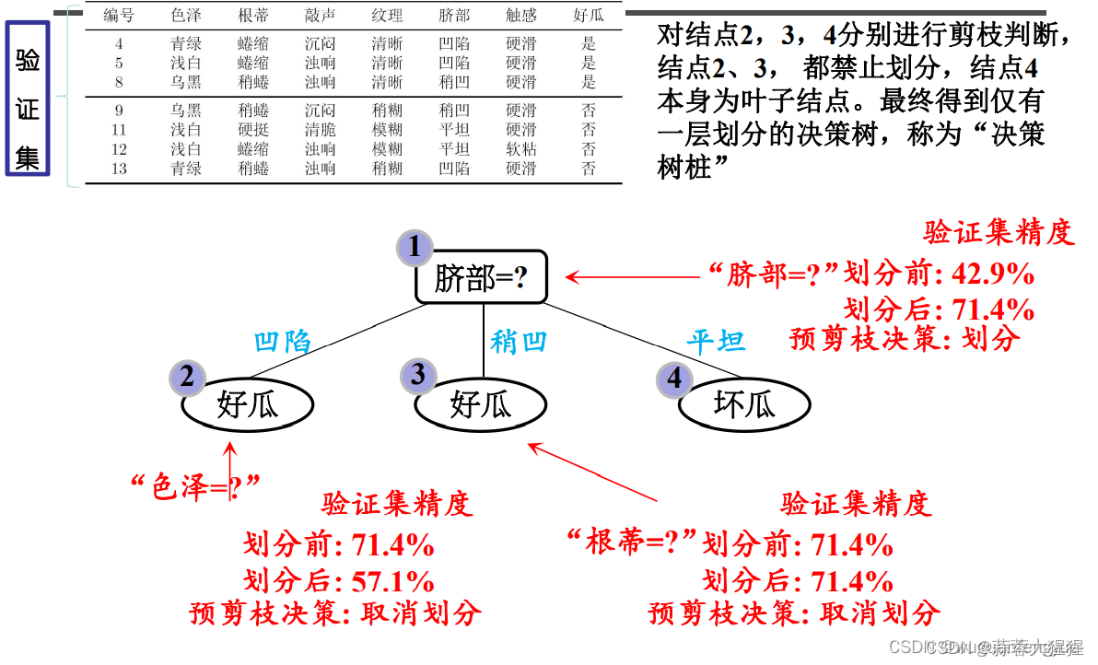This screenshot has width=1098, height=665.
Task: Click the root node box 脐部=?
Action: point(482,276)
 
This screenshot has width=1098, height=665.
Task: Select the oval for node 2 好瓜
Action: point(247,403)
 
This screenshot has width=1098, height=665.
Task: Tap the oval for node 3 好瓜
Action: point(480,403)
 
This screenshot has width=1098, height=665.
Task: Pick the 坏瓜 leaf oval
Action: point(744,403)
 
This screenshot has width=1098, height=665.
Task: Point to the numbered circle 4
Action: point(674,378)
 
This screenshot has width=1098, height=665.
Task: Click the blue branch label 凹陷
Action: point(283,343)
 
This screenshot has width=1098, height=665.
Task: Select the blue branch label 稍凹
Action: point(519,342)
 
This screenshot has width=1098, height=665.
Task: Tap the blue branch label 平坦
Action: point(716,343)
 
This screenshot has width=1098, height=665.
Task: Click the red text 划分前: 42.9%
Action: point(939,274)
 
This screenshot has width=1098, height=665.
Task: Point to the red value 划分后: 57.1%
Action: point(338,580)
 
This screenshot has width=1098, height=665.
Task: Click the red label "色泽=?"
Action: point(195,486)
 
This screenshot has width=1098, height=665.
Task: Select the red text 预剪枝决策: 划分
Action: point(905,339)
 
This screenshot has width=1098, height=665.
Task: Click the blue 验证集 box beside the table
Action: point(28,99)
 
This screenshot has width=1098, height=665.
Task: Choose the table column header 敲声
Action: point(321,16)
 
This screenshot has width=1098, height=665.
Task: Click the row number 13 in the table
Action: point(119,169)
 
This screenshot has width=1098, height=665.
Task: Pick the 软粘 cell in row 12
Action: point(520,149)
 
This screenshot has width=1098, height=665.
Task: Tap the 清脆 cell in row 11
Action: point(321,130)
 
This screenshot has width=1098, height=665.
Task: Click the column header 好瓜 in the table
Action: point(589,16)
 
